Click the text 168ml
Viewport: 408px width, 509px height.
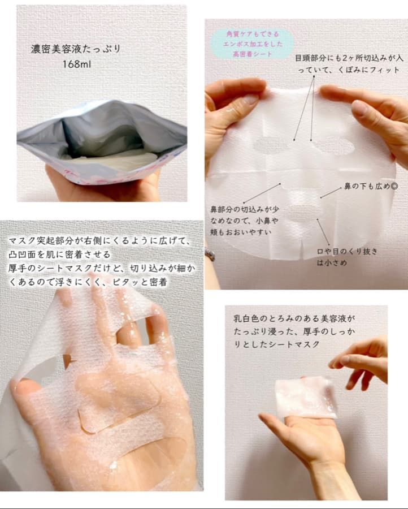coord(79,64)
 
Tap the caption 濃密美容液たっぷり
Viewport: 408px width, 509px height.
coord(76,49)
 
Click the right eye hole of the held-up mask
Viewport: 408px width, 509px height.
coord(334,146)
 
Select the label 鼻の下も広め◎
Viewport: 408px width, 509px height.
coord(368,186)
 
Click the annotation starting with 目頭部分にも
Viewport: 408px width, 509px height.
coord(347,64)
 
